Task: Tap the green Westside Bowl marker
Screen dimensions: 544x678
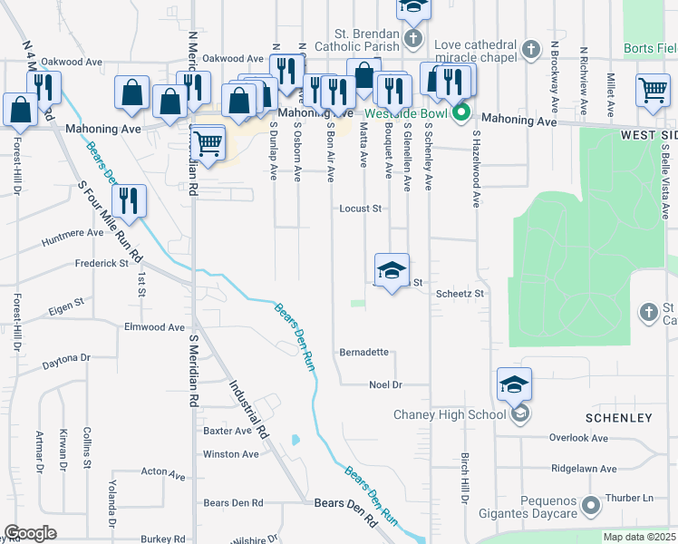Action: pyautogui.click(x=461, y=112)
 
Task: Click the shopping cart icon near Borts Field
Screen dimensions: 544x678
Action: pyautogui.click(x=653, y=90)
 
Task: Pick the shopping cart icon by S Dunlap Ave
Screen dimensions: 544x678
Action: pyautogui.click(x=209, y=142)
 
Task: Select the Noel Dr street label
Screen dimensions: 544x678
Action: pyautogui.click(x=385, y=384)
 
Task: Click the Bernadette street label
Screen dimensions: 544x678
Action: pyautogui.click(x=364, y=352)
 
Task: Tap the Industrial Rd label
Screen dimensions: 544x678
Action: pyautogui.click(x=249, y=411)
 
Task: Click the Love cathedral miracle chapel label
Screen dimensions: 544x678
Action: pyautogui.click(x=476, y=45)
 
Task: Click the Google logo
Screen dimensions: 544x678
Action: pyautogui.click(x=31, y=533)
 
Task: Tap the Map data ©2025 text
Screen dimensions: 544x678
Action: pyautogui.click(x=638, y=537)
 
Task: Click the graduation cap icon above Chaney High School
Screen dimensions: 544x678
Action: pyautogui.click(x=514, y=384)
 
